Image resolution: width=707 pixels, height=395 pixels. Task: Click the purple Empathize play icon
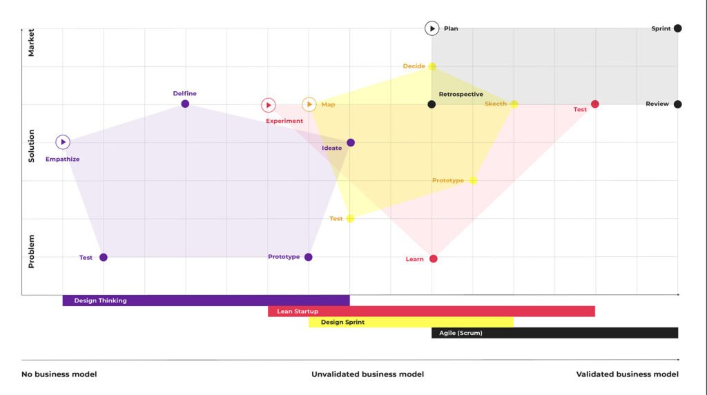[x=63, y=142]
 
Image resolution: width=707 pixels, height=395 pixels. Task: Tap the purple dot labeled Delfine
[x=185, y=104]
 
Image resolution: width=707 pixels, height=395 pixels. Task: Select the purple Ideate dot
[x=351, y=142]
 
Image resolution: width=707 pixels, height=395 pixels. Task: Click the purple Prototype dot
[x=309, y=257]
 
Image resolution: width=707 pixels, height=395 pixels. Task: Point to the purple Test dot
[x=104, y=257]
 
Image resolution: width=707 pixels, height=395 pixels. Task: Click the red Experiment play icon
[x=269, y=105]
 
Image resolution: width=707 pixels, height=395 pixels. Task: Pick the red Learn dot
[x=433, y=259]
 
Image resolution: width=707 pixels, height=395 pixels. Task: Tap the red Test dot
[x=595, y=104]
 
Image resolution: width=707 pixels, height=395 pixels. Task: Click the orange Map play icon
[x=309, y=104]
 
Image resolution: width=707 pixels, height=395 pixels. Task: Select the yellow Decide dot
[x=432, y=66]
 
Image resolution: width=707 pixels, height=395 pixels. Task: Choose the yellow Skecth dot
[x=514, y=104]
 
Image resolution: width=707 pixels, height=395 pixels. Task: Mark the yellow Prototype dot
[x=473, y=180]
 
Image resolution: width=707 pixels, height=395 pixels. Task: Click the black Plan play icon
[x=432, y=28]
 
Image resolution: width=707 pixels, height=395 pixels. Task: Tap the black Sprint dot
[x=677, y=28]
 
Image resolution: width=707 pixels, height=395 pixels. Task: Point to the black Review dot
[x=677, y=104]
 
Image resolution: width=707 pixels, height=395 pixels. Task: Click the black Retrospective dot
[x=432, y=104]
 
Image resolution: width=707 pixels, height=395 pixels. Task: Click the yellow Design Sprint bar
[x=411, y=322]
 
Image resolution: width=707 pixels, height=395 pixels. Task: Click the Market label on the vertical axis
[x=31, y=42]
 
